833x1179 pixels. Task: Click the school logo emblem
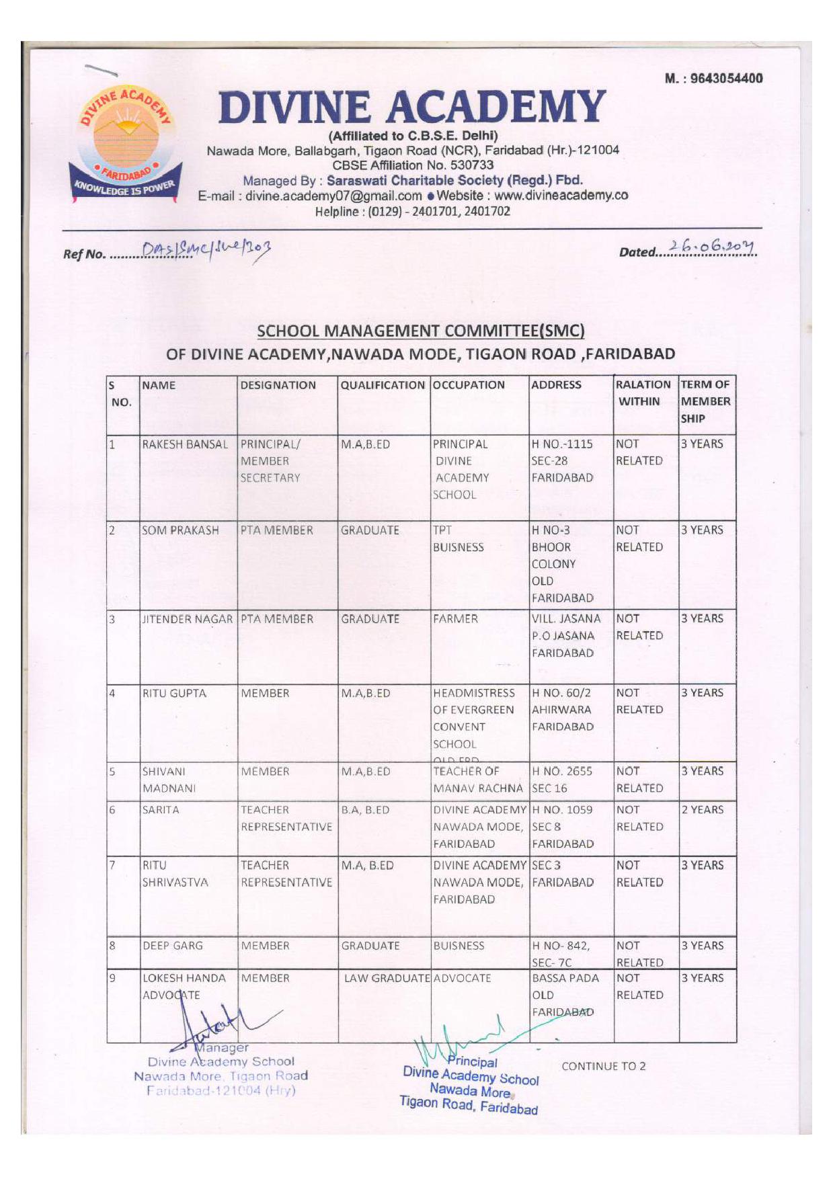pyautogui.click(x=125, y=144)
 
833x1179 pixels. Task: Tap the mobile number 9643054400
pyautogui.click(x=713, y=78)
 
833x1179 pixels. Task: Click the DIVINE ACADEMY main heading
pyautogui.click(x=411, y=107)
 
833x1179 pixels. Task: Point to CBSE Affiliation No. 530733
pyautogui.click(x=413, y=165)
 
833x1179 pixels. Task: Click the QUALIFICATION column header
pyautogui.click(x=383, y=385)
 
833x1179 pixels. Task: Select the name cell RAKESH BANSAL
pyautogui.click(x=185, y=444)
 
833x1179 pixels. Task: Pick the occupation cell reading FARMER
pyautogui.click(x=456, y=618)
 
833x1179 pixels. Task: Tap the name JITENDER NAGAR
pyautogui.click(x=188, y=619)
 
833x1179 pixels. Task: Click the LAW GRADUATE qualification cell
pyautogui.click(x=387, y=978)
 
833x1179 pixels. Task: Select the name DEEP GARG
pyautogui.click(x=172, y=946)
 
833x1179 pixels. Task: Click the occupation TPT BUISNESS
pyautogui.click(x=458, y=538)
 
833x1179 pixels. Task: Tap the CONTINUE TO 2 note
pyautogui.click(x=603, y=1066)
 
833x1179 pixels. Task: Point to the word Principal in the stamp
pyautogui.click(x=473, y=1062)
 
